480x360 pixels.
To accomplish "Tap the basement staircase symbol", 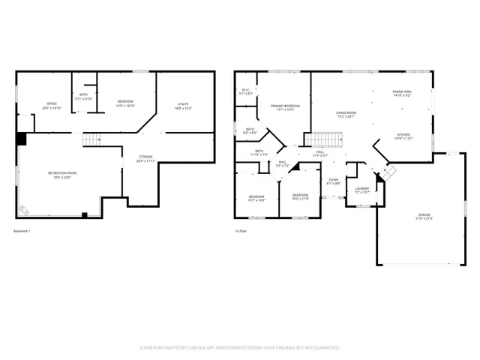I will coord(91,139).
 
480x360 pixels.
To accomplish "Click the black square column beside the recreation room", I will coord(22,139).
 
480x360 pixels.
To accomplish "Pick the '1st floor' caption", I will coord(241,230).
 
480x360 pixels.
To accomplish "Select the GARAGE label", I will coord(424,217).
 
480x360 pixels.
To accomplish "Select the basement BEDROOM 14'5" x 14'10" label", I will coord(125,103).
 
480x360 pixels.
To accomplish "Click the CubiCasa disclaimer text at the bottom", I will coord(239,347).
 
